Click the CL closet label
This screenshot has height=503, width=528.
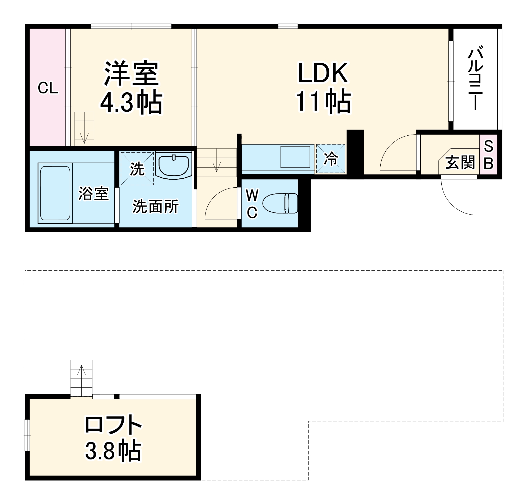48,88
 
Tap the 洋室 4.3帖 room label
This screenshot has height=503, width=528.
132,88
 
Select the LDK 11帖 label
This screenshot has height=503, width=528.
323,87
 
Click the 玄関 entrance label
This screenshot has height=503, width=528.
460,163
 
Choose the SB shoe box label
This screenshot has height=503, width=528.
488,155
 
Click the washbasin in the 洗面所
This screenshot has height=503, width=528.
174,166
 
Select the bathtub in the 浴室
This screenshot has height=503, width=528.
55,193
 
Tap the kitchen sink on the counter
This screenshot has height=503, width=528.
295,157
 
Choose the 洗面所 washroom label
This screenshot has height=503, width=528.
156,206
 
